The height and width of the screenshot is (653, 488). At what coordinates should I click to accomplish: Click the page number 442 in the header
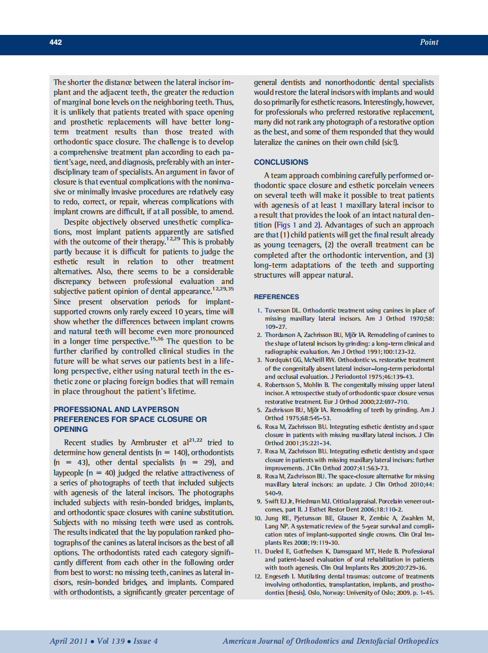pos(56,42)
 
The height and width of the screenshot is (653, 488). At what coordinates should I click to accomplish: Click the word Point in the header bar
pos(429,42)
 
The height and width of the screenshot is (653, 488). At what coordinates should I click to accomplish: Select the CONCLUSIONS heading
pos(281,162)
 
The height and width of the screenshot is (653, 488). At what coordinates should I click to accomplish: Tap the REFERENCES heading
pos(277,296)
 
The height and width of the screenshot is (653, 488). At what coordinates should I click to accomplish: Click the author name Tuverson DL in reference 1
pos(283,311)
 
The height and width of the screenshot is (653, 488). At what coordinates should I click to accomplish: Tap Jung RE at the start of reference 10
pos(277,518)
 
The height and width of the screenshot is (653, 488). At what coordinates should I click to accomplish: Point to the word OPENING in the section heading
pos(70,429)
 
